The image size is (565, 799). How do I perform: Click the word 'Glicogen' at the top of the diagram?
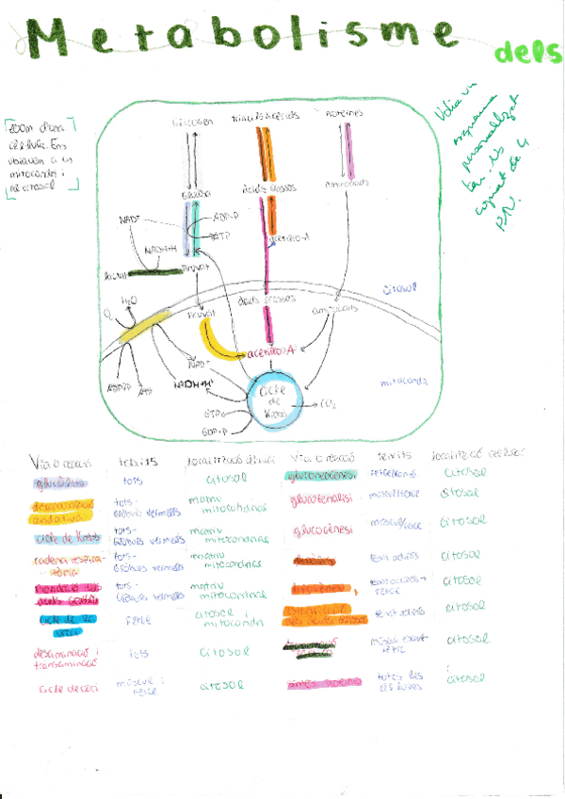pos(191,122)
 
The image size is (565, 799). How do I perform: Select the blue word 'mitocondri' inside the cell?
pos(404,383)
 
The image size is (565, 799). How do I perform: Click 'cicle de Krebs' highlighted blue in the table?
pos(65,540)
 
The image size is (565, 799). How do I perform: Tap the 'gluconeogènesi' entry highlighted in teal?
pos(323,472)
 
